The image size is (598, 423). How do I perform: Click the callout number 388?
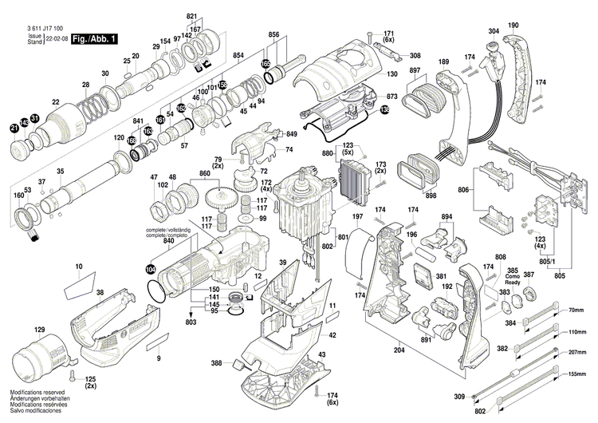click(216, 364)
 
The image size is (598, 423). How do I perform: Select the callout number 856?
click(273, 35)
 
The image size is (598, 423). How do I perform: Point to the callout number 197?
click(358, 218)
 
